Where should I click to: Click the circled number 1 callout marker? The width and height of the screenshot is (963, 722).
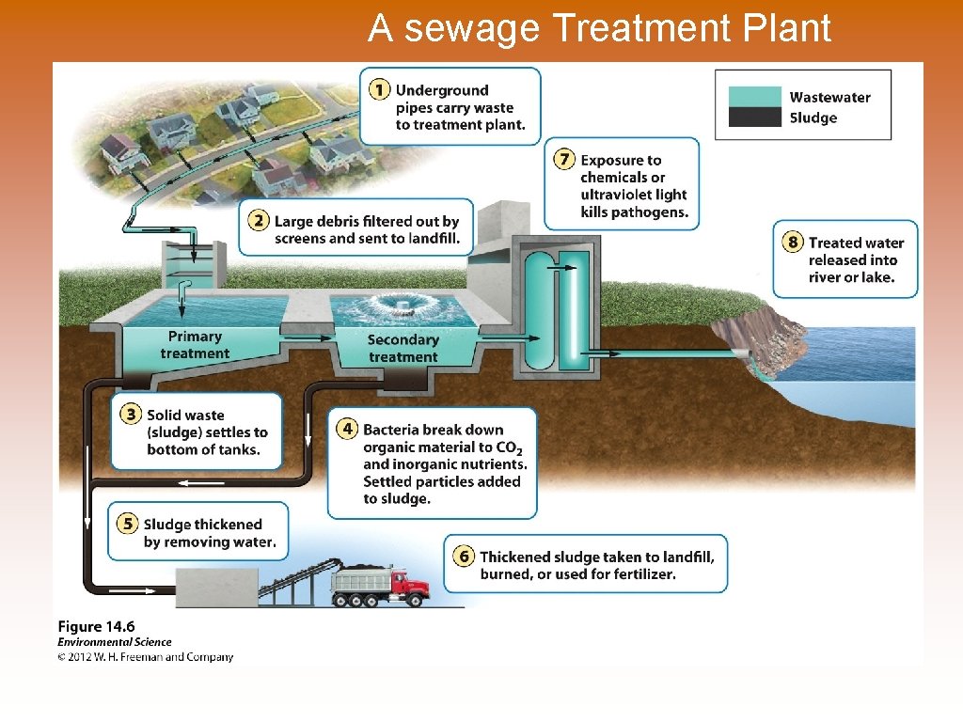click(378, 90)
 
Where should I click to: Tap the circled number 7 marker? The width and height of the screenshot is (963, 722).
click(564, 160)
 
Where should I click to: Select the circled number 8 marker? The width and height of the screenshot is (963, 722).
click(793, 243)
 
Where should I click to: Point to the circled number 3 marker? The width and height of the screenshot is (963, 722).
click(131, 415)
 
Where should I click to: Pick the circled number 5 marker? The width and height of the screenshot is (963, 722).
click(127, 524)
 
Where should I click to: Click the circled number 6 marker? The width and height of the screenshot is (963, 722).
click(463, 557)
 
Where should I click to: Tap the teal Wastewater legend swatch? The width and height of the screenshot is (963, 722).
click(753, 97)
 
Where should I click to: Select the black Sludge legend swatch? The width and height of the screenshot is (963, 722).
click(753, 118)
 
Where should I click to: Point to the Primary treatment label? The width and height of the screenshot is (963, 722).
click(195, 345)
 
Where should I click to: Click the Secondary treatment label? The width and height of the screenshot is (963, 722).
click(403, 348)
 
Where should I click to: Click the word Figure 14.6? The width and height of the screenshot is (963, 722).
click(96, 626)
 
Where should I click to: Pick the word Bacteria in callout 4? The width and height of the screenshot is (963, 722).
click(395, 430)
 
